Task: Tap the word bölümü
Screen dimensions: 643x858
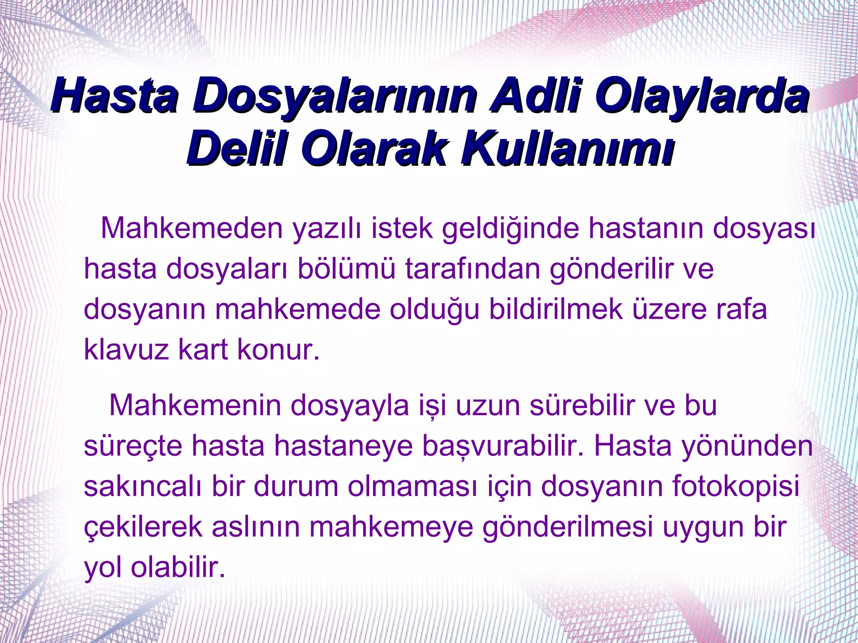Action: pyautogui.click(x=346, y=269)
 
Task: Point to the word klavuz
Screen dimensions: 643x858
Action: pyautogui.click(x=126, y=349)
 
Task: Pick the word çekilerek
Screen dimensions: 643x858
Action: pyautogui.click(x=143, y=527)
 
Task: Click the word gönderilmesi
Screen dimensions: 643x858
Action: pyautogui.click(x=568, y=527)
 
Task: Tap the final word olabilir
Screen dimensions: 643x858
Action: pyautogui.click(x=178, y=567)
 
